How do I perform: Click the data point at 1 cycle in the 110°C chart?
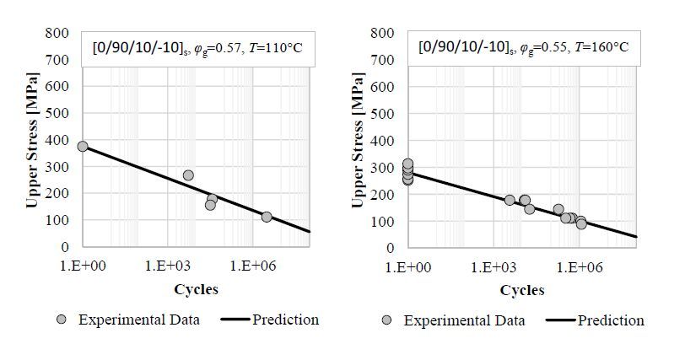click(x=83, y=147)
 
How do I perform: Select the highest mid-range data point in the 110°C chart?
click(x=188, y=175)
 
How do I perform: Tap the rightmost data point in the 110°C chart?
click(x=267, y=217)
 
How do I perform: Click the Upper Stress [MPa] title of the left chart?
click(x=32, y=140)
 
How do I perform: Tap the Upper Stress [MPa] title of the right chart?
click(x=358, y=140)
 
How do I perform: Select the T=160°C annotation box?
click(x=522, y=47)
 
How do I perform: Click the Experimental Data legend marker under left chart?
click(x=61, y=320)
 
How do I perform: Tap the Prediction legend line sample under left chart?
click(x=235, y=320)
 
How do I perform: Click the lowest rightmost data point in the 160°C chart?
click(x=581, y=224)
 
